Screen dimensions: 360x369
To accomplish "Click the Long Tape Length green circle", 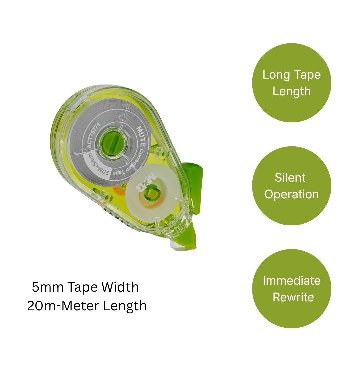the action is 292,83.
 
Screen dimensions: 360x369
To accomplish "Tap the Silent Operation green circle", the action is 292,186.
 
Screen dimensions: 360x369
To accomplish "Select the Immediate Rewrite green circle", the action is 292,289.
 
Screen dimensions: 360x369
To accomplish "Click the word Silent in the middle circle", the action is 290,177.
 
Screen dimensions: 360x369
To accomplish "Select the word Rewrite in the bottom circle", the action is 293,297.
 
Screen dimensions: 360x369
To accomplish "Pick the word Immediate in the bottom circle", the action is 292,281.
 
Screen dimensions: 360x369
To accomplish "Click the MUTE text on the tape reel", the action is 141,136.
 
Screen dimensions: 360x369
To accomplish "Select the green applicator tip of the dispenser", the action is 186,238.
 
